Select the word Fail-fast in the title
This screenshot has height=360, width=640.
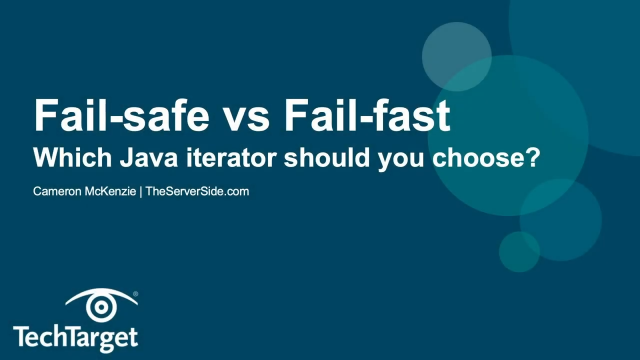[357, 118]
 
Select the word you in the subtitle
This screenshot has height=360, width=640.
[411, 157]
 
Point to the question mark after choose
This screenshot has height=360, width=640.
[533, 157]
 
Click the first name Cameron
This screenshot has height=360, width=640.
[60, 190]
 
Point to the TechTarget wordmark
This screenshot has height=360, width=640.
[76, 336]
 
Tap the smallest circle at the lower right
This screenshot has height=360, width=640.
[519, 251]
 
